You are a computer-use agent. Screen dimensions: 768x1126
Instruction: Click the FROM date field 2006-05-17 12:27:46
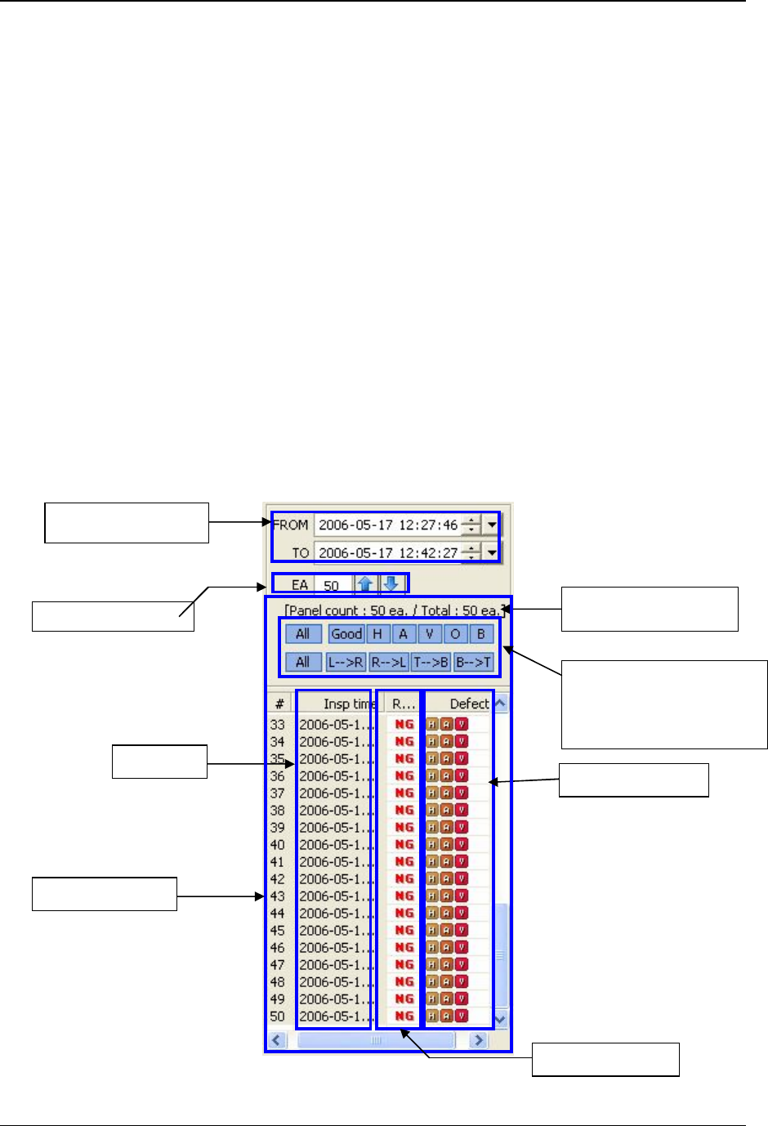click(x=387, y=525)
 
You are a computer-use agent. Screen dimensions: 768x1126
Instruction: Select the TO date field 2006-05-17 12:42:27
click(x=387, y=553)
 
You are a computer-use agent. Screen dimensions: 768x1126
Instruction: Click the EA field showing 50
click(x=332, y=585)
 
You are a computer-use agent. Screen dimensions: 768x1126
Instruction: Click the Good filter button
click(x=346, y=634)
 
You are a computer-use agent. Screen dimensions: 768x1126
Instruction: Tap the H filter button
click(x=377, y=634)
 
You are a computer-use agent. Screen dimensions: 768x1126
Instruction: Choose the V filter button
click(x=430, y=634)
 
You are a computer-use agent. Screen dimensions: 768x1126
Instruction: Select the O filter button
click(x=456, y=634)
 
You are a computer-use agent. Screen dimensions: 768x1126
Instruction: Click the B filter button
click(x=481, y=634)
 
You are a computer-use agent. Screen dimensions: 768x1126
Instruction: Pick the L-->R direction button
click(x=346, y=662)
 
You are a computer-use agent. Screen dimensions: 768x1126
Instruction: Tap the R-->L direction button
click(x=389, y=662)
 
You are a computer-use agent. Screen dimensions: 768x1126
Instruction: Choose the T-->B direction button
click(x=431, y=662)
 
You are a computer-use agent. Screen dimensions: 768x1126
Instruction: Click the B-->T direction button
click(x=474, y=662)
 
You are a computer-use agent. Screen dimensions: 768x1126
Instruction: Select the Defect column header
click(x=469, y=704)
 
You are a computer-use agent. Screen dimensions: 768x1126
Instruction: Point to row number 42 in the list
click(x=278, y=879)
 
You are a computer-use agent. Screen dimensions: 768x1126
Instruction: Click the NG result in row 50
click(x=404, y=1017)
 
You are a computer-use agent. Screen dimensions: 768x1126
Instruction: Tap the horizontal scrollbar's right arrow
click(x=479, y=1040)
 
